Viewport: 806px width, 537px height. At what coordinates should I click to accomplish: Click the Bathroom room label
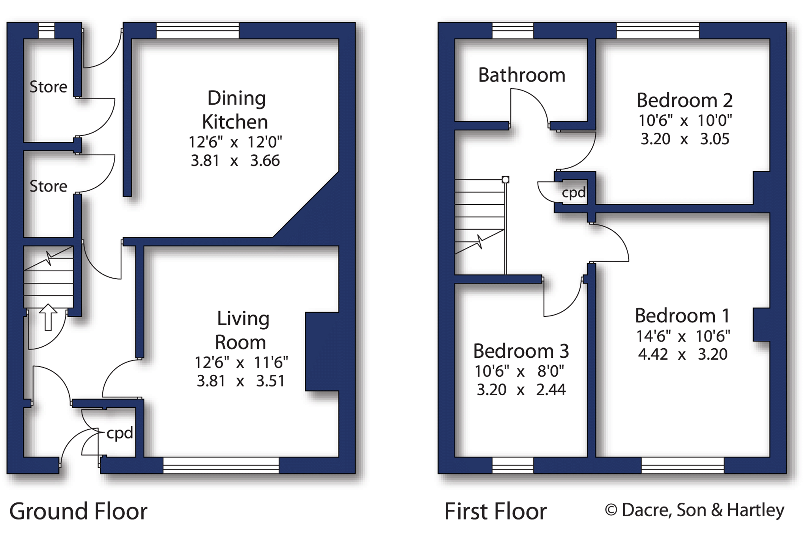522,75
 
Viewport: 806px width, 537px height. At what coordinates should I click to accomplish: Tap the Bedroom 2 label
684,100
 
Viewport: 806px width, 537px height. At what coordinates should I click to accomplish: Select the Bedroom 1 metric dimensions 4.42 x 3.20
682,354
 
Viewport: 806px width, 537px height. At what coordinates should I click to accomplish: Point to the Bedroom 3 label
521,351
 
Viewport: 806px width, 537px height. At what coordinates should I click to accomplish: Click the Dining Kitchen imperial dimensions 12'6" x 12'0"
235,142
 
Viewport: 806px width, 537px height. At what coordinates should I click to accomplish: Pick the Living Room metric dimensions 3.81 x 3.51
240,380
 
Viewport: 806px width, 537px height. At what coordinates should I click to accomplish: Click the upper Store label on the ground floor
48,87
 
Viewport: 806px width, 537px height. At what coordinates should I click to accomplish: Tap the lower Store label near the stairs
48,186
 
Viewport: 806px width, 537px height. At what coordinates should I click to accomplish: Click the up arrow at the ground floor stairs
48,317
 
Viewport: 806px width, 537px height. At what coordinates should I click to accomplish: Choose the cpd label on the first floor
574,193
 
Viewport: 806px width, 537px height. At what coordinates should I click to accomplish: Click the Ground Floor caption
78,511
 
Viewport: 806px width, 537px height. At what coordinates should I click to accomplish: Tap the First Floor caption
495,511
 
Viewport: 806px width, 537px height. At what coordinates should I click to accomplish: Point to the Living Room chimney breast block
322,351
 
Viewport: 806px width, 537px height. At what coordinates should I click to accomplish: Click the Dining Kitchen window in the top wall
198,30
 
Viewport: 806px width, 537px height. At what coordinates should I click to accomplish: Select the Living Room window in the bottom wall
221,465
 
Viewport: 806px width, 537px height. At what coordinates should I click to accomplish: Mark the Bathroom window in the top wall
513,30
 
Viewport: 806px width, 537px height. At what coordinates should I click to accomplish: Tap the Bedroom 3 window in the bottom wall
513,465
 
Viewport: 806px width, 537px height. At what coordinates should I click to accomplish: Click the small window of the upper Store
47,30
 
